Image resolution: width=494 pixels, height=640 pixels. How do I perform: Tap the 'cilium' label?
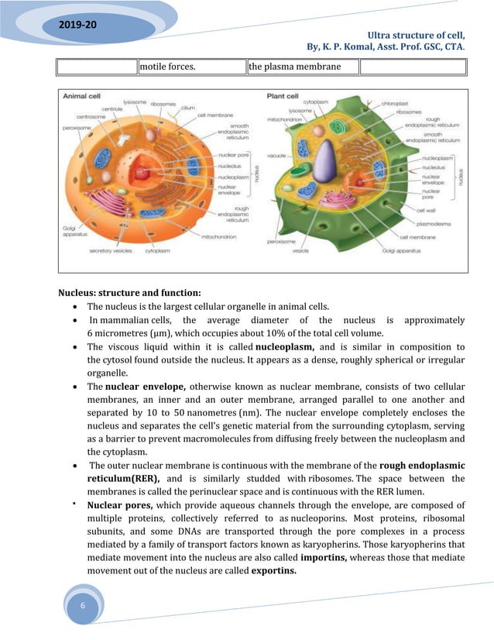click(187, 108)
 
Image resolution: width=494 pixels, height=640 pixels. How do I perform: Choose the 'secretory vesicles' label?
click(111, 251)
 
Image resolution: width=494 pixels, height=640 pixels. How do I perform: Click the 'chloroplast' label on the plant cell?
click(416, 102)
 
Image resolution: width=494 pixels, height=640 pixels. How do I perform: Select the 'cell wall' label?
click(425, 209)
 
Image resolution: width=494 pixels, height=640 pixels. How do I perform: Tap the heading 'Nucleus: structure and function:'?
click(129, 292)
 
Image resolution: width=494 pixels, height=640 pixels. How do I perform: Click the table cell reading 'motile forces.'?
click(166, 67)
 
